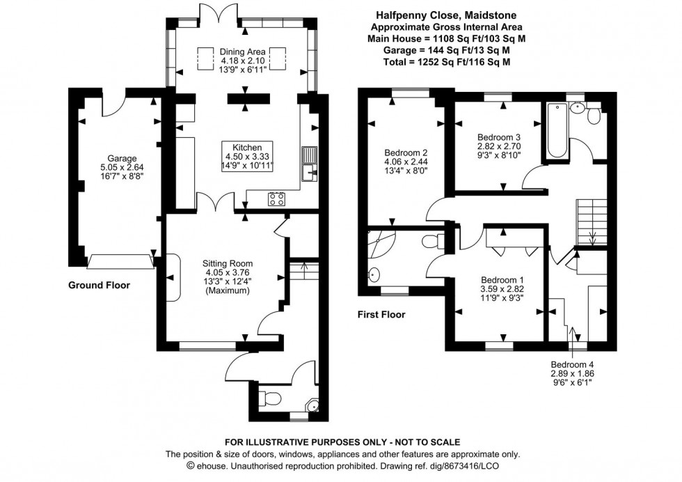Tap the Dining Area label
coord(244,52)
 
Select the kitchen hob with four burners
coord(276,199)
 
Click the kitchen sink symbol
coord(309,162)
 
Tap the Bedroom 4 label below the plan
coord(572,364)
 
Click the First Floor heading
coord(381,315)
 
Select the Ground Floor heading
coord(99,285)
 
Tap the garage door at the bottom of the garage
coord(119,261)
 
